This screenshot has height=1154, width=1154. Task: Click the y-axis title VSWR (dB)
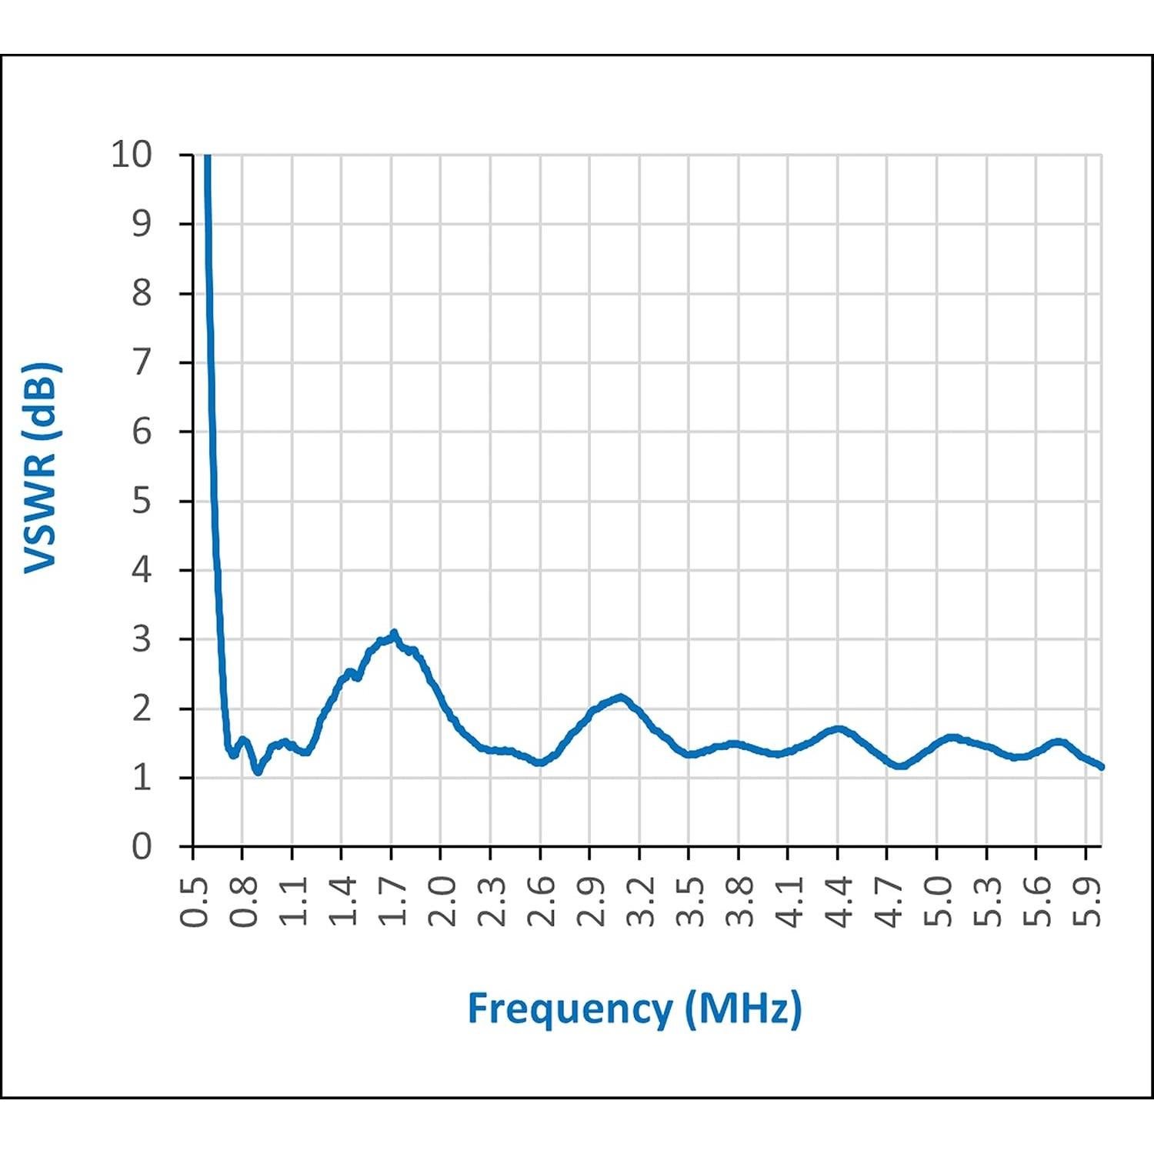coord(42,468)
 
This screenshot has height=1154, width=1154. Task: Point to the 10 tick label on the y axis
coord(132,155)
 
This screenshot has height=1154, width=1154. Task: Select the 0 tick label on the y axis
coord(142,846)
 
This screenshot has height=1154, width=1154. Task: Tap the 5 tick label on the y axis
coord(142,501)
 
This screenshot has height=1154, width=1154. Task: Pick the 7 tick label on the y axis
coord(142,362)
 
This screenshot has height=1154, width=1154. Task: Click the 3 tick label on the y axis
coord(142,639)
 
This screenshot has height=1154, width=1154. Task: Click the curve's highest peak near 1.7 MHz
coord(394,634)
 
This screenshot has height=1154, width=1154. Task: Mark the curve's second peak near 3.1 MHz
coord(621,697)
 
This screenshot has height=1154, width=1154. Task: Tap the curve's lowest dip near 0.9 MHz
coord(258,771)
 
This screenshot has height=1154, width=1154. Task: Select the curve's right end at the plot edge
coord(1102,766)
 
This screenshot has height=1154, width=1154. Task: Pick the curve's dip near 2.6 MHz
coord(540,762)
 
